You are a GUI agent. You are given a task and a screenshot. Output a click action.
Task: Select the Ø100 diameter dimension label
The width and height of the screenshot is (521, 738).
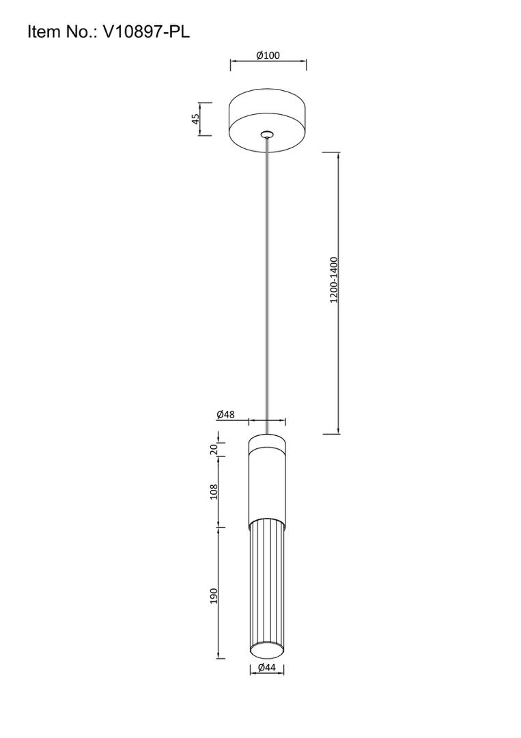point(268,55)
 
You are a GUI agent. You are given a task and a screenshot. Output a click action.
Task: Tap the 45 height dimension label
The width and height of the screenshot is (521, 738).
point(195,118)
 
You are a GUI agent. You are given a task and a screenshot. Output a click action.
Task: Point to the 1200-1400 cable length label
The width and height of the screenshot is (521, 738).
point(334,279)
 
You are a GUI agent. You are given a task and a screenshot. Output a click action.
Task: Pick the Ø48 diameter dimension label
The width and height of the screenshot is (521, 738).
point(226,415)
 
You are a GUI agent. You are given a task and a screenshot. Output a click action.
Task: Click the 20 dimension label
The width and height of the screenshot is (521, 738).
point(214,449)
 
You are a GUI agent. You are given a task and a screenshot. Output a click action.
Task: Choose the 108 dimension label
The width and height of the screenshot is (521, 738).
point(214,492)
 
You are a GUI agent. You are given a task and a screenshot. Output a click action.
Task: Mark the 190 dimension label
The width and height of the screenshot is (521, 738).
point(214,596)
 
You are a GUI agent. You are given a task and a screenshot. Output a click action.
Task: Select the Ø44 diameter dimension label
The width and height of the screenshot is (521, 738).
point(266,667)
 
